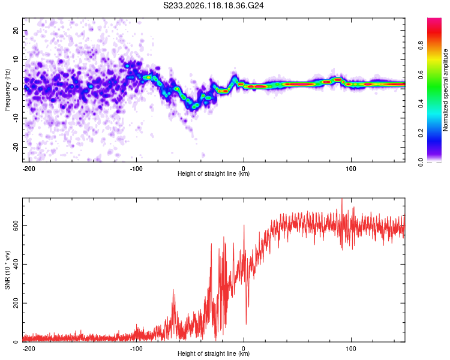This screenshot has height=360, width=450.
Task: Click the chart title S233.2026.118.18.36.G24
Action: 213,5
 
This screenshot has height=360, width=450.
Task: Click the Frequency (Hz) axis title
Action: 7,90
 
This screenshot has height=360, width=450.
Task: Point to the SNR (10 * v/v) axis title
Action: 7,270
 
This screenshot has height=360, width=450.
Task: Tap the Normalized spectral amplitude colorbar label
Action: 445,90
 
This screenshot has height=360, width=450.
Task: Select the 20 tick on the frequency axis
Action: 16,31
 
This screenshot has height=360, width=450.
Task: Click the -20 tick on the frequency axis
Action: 16,147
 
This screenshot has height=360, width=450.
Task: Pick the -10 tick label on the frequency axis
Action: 16,118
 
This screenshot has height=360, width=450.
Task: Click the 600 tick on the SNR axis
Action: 16,226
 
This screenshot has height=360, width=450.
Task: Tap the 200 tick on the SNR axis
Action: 16,303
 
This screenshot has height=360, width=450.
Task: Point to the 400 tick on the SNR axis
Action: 16,264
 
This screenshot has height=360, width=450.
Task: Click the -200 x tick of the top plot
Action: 29,169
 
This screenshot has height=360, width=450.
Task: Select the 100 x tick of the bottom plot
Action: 351,349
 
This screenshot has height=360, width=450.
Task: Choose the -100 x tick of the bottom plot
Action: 136,349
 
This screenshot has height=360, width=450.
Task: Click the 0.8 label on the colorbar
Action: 421,45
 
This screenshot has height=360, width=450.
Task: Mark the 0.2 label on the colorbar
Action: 421,133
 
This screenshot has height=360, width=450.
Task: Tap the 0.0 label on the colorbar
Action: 421,162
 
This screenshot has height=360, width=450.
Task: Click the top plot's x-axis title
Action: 214,173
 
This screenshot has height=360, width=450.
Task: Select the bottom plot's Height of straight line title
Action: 214,353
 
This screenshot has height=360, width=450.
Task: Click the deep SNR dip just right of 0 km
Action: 246,323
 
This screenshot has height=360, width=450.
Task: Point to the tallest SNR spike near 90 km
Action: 342,200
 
